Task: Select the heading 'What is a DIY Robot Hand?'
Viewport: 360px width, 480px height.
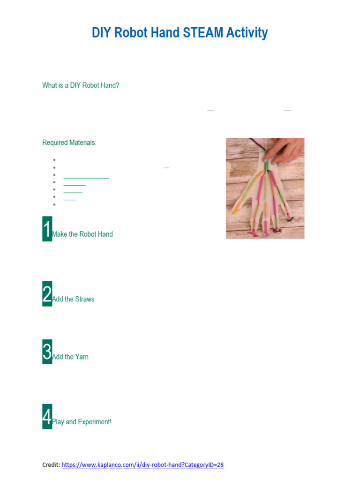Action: (x=81, y=85)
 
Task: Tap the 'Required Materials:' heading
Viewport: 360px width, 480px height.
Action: (x=69, y=142)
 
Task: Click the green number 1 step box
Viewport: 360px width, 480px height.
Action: (x=47, y=229)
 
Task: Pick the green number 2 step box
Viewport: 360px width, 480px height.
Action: (x=47, y=294)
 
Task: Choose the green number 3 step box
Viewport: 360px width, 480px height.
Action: (x=47, y=352)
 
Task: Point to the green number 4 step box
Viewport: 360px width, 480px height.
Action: (x=47, y=416)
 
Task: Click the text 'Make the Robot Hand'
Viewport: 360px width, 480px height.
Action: (x=82, y=234)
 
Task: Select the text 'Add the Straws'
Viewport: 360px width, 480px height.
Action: (x=73, y=299)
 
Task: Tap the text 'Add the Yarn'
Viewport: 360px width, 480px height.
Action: (x=70, y=357)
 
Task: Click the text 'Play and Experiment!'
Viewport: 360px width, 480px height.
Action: (x=82, y=422)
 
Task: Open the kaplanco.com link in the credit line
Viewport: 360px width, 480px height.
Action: (x=142, y=465)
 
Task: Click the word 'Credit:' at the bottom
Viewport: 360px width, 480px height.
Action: (x=51, y=465)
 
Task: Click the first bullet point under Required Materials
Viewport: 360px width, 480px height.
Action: (x=55, y=160)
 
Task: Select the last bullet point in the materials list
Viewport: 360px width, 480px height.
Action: (x=55, y=205)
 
